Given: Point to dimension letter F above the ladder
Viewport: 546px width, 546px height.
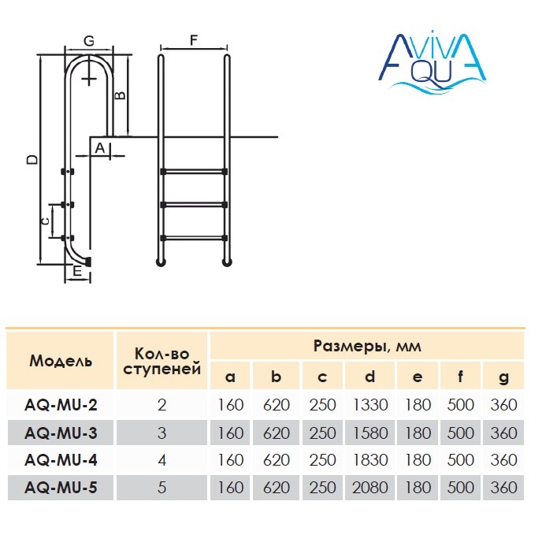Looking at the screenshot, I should pyautogui.click(x=194, y=39).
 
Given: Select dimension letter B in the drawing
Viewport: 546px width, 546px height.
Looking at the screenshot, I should pyautogui.click(x=121, y=95).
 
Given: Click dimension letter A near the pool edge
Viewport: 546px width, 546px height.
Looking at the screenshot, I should pyautogui.click(x=100, y=147).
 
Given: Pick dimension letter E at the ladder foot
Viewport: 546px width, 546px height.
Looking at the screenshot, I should pyautogui.click(x=76, y=271).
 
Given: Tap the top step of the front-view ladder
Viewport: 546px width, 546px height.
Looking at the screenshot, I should pyautogui.click(x=194, y=171).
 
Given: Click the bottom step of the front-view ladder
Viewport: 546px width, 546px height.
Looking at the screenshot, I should pyautogui.click(x=194, y=237).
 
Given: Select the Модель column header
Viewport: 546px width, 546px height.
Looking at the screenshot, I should pyautogui.click(x=61, y=362).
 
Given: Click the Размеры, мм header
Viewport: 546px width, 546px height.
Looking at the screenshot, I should pyautogui.click(x=367, y=347).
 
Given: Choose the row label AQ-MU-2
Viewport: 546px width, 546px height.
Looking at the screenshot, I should pyautogui.click(x=61, y=405).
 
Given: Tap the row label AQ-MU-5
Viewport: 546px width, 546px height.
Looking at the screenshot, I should pyautogui.click(x=61, y=488).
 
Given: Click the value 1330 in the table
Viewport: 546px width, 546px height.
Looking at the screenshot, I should pyautogui.click(x=368, y=405).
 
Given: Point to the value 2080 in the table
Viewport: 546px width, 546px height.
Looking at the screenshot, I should pyautogui.click(x=368, y=488).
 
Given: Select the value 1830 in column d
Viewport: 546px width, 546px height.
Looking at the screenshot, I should pyautogui.click(x=368, y=460).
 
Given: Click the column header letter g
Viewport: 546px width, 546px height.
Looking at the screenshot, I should pyautogui.click(x=503, y=377).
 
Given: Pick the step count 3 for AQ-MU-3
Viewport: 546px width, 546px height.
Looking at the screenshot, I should pyautogui.click(x=162, y=433).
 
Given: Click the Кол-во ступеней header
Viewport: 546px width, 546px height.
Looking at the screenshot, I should pyautogui.click(x=162, y=362).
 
